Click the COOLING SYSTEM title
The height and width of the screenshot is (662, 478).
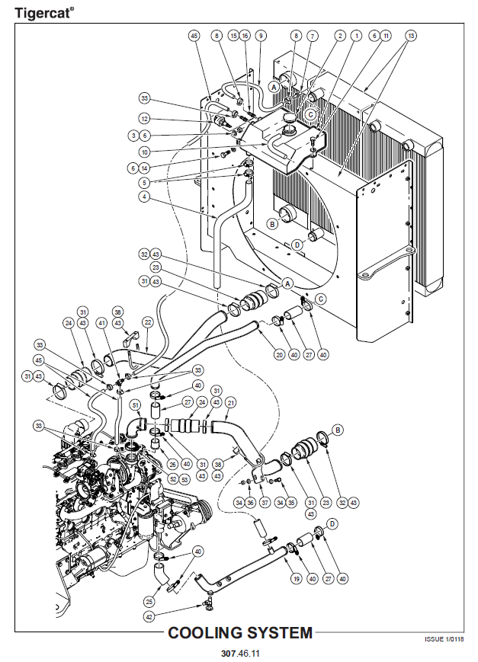240,632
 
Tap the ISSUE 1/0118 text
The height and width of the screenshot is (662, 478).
444,639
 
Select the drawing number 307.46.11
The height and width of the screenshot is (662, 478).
240,653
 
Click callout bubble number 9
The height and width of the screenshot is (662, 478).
261,36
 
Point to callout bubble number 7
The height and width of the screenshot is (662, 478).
313,36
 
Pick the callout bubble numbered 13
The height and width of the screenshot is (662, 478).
411,36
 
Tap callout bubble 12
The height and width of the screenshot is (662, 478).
145,119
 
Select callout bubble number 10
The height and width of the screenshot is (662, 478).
145,152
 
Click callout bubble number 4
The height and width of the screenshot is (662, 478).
145,197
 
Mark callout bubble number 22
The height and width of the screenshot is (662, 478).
147,324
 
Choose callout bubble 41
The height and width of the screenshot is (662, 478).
101,324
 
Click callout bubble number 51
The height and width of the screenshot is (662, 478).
135,405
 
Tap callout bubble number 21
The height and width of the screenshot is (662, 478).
230,402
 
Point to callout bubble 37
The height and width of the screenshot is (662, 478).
265,503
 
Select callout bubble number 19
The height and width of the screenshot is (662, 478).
297,578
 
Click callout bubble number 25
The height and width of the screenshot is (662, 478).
149,602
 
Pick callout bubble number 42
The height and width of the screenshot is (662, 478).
149,617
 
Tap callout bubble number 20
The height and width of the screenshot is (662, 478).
280,355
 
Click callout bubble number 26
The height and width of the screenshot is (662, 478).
172,465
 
